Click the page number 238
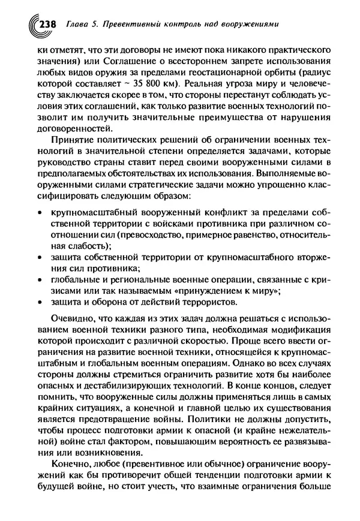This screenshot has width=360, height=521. click(x=46, y=25)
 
